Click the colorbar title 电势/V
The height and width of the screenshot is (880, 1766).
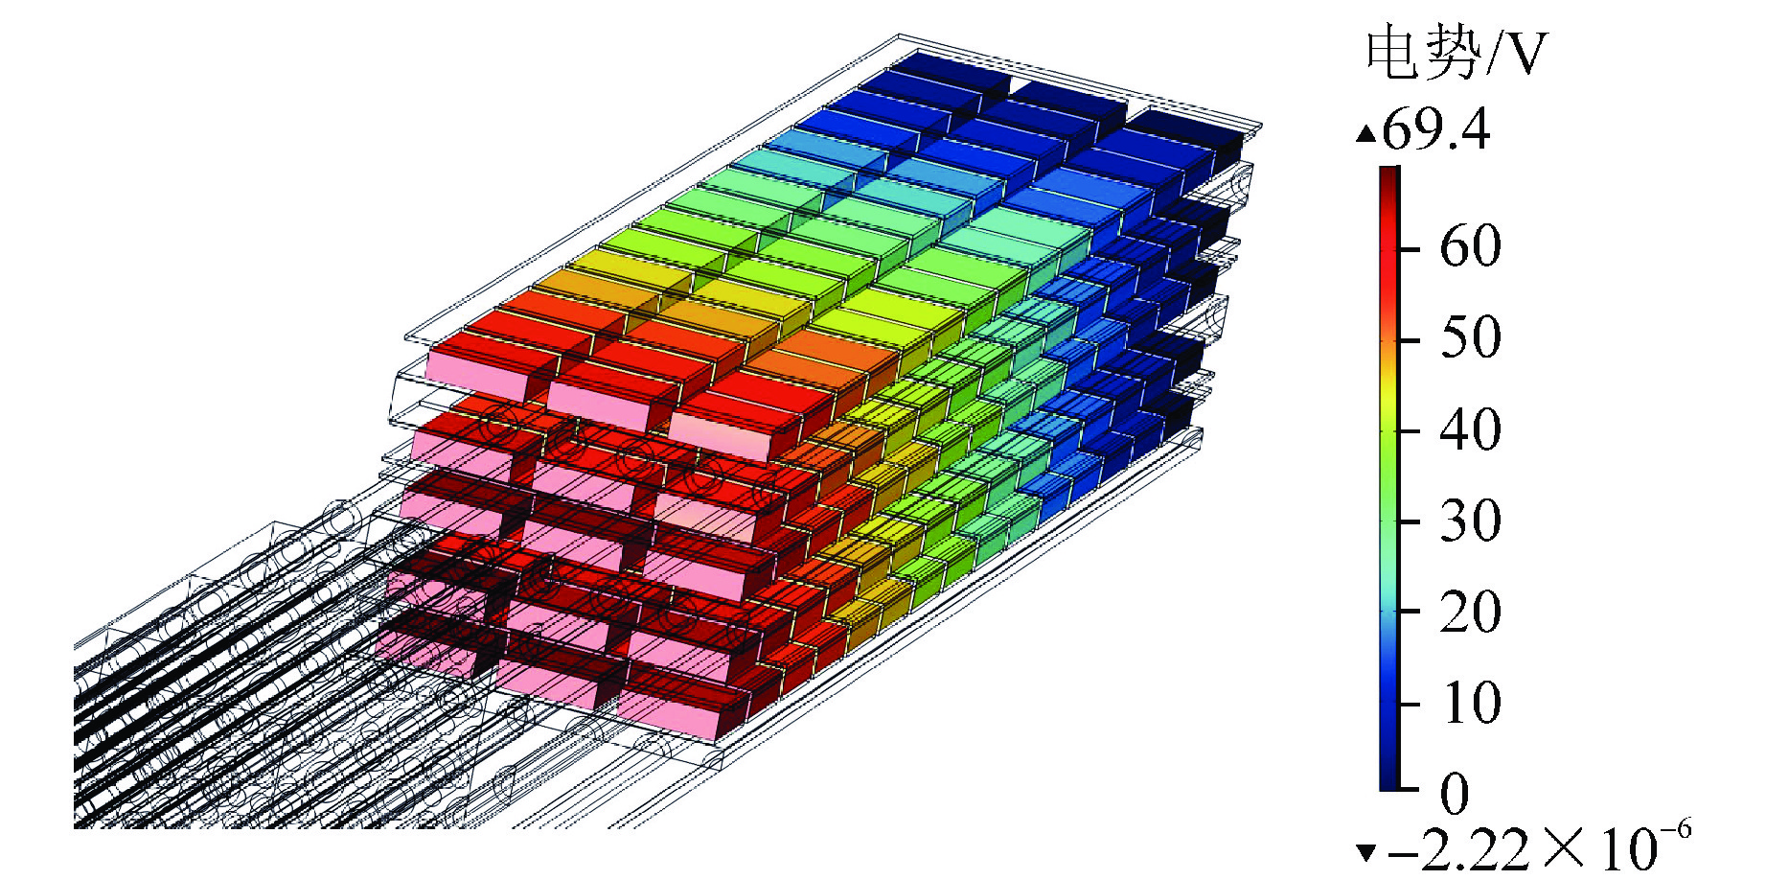click(1456, 54)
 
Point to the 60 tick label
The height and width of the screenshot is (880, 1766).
click(1470, 246)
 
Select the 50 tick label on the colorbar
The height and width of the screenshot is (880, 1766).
click(1470, 337)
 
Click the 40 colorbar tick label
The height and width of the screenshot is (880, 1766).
click(1470, 428)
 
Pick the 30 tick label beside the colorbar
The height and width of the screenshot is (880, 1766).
click(1470, 520)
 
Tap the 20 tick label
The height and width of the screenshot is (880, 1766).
click(1470, 611)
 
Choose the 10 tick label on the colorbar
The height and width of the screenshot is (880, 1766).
click(1470, 702)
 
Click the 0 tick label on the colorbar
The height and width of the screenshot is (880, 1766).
click(1455, 793)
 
